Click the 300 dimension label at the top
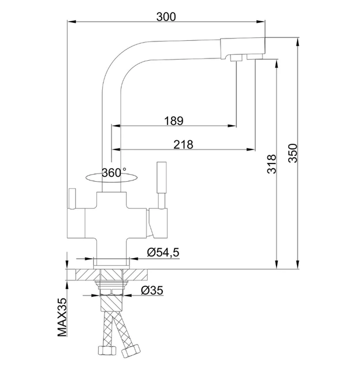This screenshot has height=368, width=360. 166,17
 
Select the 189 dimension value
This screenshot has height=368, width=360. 174,121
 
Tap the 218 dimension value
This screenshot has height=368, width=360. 183,145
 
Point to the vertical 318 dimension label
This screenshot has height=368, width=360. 272,164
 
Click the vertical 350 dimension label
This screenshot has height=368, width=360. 293,153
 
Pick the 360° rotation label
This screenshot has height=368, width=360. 114,173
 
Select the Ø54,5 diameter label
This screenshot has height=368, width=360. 163,252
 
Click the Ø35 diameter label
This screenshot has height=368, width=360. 152,290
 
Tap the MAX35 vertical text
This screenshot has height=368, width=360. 62,317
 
